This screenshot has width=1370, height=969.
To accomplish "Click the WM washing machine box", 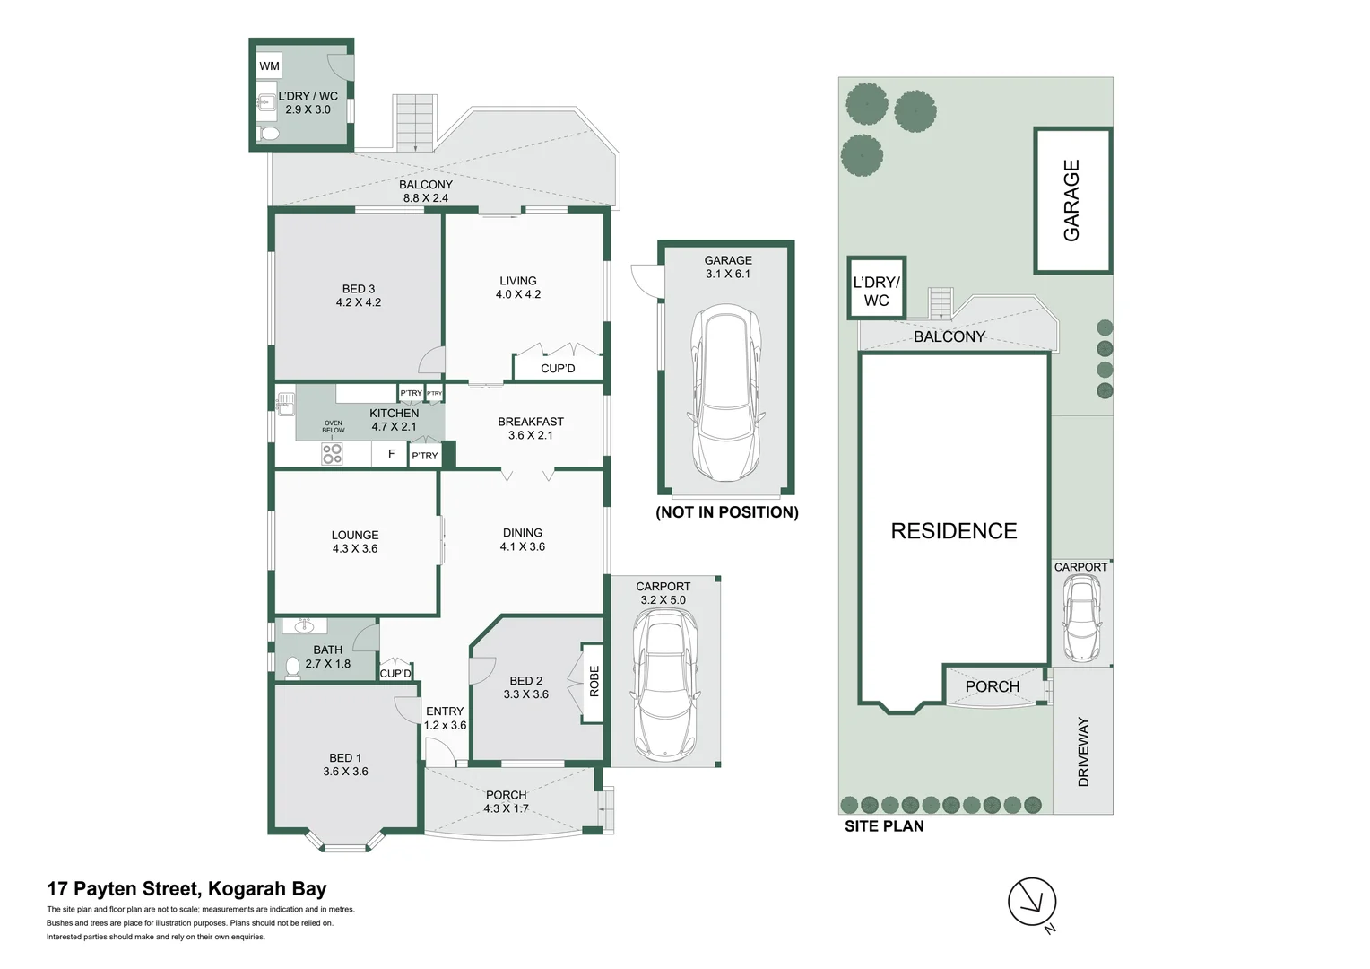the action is pyautogui.click(x=269, y=65).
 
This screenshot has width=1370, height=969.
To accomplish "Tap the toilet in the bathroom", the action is pyautogui.click(x=292, y=667).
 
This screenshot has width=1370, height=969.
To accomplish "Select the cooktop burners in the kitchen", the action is pyautogui.click(x=332, y=454).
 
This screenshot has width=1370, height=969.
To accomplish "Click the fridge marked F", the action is pyautogui.click(x=391, y=454).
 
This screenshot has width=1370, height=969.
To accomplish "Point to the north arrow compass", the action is pyautogui.click(x=1032, y=903).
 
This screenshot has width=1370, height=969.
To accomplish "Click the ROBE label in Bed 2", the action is pyautogui.click(x=594, y=681).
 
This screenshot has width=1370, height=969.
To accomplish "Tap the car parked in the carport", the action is pyautogui.click(x=663, y=683).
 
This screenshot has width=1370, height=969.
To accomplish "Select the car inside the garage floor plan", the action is pyautogui.click(x=726, y=392).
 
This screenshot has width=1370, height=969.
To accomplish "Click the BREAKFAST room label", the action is pyautogui.click(x=531, y=422).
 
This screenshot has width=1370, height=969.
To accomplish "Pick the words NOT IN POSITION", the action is pyautogui.click(x=727, y=512).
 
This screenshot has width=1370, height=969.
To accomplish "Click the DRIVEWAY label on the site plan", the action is pyautogui.click(x=1083, y=752).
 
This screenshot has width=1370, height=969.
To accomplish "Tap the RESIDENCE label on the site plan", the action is pyautogui.click(x=954, y=531).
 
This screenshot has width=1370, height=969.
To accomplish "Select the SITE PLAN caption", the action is pyautogui.click(x=884, y=826).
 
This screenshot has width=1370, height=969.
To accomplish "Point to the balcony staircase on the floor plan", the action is pyautogui.click(x=415, y=122).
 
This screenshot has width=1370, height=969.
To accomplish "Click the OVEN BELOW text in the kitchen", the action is pyautogui.click(x=334, y=426).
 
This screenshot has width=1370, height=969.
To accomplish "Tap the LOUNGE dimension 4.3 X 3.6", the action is pyautogui.click(x=355, y=549).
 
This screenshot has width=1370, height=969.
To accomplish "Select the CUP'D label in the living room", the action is pyautogui.click(x=558, y=369).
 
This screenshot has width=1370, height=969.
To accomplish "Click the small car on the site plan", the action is pyautogui.click(x=1082, y=616).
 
